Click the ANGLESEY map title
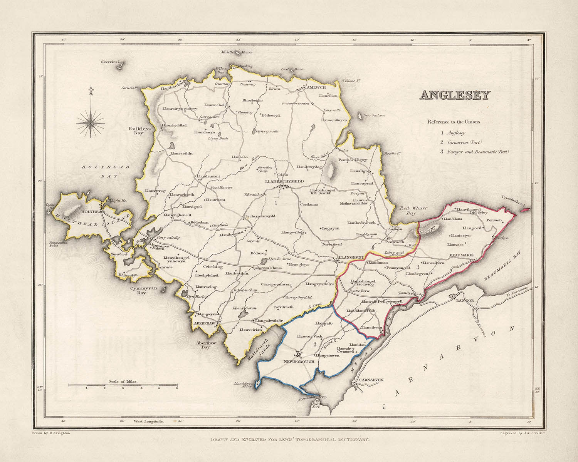(454, 95)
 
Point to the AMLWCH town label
(316, 88)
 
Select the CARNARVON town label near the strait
(371, 380)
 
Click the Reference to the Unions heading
(454, 122)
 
